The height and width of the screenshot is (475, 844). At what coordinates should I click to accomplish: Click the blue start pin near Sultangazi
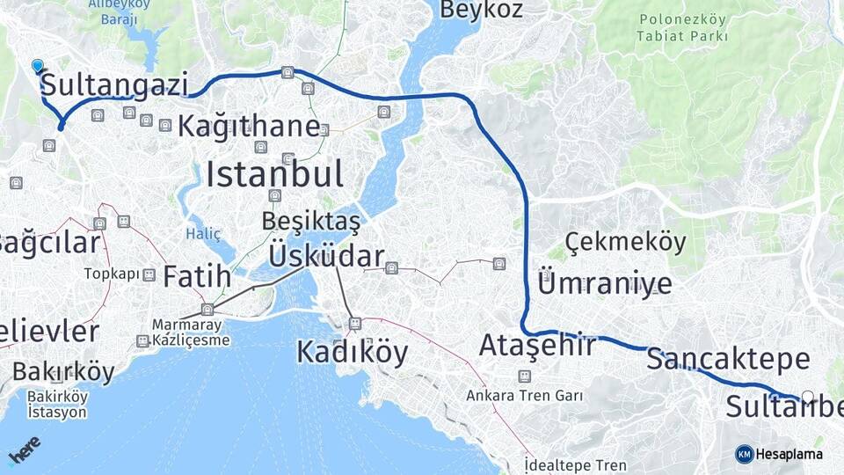[x=37, y=66]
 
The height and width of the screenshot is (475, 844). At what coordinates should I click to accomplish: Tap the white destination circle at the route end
[x=808, y=397]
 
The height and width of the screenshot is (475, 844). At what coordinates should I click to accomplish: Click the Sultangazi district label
[x=114, y=85]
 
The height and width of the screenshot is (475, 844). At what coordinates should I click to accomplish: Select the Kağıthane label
[x=249, y=126]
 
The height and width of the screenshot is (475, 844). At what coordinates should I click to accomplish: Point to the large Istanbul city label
[x=274, y=174]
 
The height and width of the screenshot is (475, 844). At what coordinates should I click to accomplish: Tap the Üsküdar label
[x=326, y=256]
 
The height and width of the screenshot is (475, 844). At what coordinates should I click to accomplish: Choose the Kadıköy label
[x=352, y=352]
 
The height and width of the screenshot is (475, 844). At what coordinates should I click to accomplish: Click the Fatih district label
[x=197, y=276]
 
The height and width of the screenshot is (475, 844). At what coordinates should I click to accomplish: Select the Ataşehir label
[x=537, y=346]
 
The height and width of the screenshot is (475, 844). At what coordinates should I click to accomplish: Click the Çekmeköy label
[x=625, y=242]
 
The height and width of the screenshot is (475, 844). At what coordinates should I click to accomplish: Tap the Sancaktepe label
[x=728, y=359]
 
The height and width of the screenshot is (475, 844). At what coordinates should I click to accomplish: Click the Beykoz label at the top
[x=481, y=10]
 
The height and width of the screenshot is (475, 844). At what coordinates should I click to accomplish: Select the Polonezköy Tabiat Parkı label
[x=683, y=27]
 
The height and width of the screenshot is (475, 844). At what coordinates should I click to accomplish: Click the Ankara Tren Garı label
[x=525, y=395]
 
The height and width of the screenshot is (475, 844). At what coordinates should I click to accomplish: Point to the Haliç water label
[x=203, y=233]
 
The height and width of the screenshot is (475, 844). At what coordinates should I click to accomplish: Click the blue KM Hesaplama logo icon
[x=745, y=454]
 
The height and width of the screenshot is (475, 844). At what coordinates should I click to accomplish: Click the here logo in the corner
[x=24, y=449]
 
